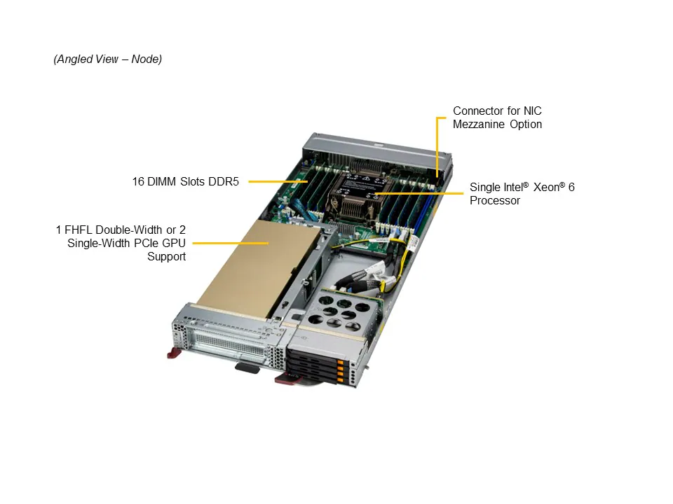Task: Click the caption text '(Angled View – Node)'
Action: pos(107,59)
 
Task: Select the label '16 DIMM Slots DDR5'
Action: pos(186,181)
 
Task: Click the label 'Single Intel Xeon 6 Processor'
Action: pos(522,194)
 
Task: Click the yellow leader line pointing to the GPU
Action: pos(231,243)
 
